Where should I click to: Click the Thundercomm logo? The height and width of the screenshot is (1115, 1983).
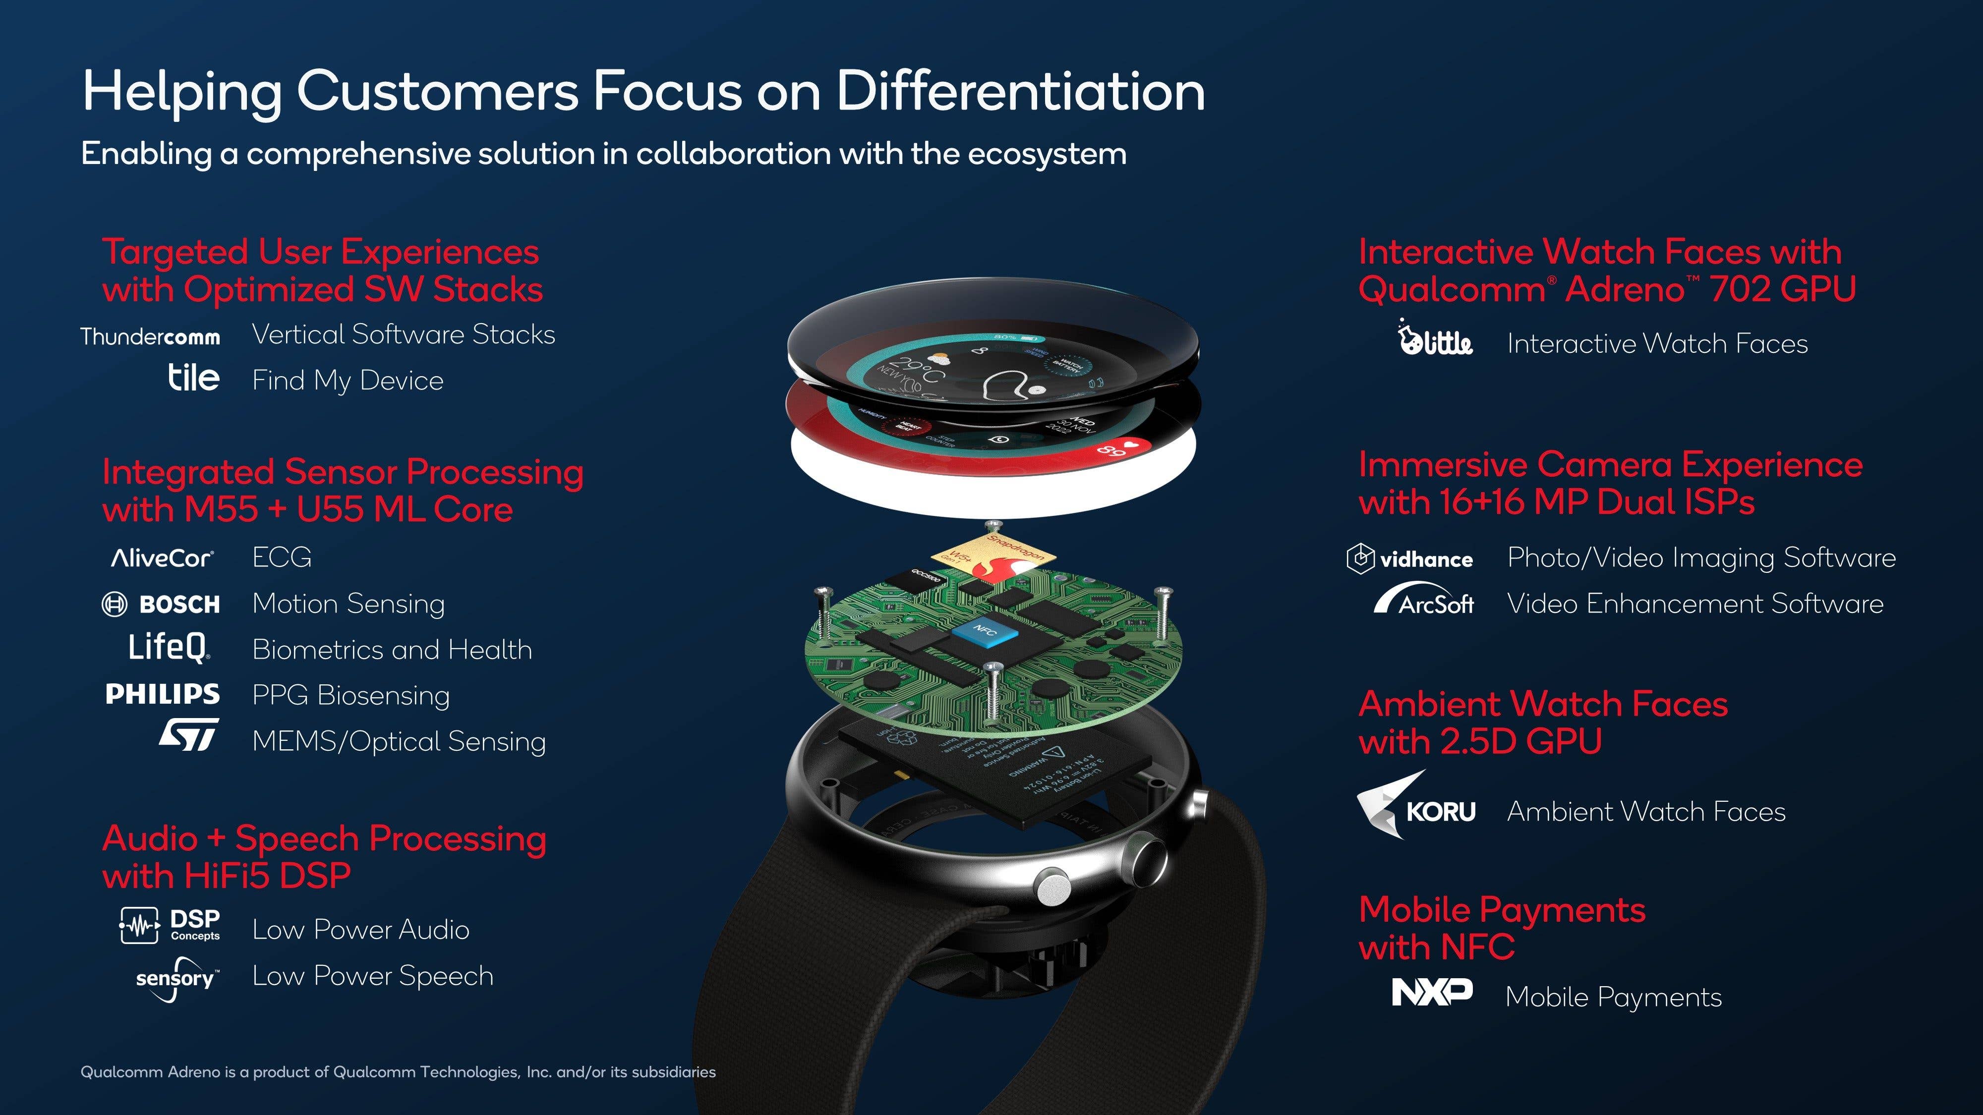tap(150, 336)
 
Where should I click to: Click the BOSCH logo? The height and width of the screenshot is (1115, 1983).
tap(161, 604)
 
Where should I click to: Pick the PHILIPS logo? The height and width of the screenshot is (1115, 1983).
tap(163, 694)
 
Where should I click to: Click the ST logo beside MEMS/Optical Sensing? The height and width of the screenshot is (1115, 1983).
tap(188, 735)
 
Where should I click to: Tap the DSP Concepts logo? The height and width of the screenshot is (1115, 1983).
tap(170, 925)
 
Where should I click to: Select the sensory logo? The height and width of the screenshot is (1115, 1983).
tap(177, 979)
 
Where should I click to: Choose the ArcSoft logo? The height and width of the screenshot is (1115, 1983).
tap(1424, 600)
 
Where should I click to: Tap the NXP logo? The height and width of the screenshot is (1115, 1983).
tap(1432, 992)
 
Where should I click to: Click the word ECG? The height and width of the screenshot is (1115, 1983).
tap(282, 557)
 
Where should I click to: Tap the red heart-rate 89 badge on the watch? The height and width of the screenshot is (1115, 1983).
tap(1120, 448)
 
